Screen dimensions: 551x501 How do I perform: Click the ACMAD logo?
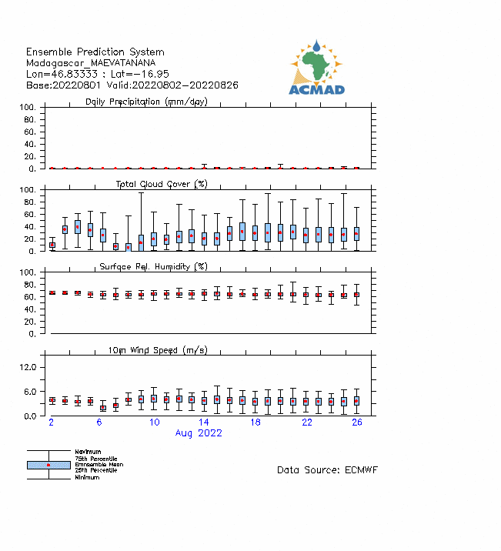(x=316, y=68)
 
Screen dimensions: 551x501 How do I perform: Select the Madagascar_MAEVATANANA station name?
(x=91, y=62)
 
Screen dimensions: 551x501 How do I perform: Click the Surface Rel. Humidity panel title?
(x=153, y=266)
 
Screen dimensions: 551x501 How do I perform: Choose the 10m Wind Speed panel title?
(x=157, y=350)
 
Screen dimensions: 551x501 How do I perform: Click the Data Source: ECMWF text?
(x=327, y=469)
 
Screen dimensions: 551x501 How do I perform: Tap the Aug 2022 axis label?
(x=199, y=433)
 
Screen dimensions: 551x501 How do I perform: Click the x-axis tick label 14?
(x=204, y=423)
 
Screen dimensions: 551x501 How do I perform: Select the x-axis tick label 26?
(x=357, y=423)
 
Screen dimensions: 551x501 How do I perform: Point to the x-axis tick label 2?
(x=52, y=423)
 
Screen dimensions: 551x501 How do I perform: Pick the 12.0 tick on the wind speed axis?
(x=28, y=367)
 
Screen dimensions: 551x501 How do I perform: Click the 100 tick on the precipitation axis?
(x=28, y=107)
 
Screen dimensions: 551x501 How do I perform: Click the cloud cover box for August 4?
(x=77, y=227)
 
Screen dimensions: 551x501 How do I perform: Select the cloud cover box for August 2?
(x=52, y=245)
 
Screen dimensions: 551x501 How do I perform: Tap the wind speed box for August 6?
(x=102, y=407)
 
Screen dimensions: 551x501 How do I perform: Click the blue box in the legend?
(x=48, y=465)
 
